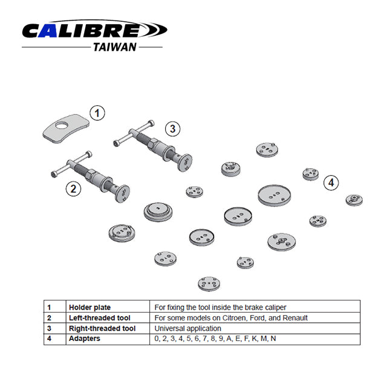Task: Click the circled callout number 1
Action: point(97,112)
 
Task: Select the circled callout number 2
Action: point(73,188)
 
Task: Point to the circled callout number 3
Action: point(173,128)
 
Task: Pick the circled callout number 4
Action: point(330,181)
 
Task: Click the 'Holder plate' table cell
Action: point(90,307)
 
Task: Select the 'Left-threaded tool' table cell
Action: point(100,318)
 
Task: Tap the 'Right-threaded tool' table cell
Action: point(102,328)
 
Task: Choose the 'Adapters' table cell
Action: point(85,339)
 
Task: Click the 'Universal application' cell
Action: point(188,328)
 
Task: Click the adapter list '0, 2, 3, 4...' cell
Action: point(215,339)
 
